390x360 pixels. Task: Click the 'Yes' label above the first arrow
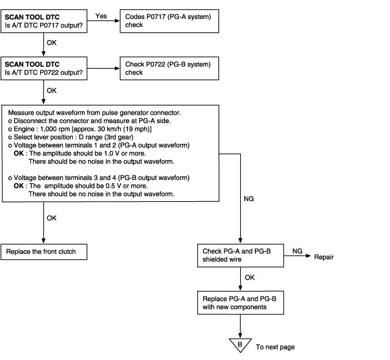pos(101,16)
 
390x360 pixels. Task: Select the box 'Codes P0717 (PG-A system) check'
pos(169,21)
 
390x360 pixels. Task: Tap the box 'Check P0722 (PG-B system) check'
pos(169,69)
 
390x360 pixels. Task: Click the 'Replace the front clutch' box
pos(44,252)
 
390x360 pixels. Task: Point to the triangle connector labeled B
pos(240,345)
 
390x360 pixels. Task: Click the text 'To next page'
pos(275,347)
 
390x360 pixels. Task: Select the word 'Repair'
pos(324,257)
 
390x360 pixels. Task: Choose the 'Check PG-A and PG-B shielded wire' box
pos(241,255)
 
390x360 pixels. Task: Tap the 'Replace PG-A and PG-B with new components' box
pos(241,303)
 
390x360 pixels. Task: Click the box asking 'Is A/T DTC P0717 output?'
pos(44,21)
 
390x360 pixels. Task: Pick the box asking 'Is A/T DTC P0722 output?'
pos(44,69)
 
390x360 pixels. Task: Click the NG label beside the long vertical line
pos(248,199)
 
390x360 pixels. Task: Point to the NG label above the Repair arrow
pos(297,251)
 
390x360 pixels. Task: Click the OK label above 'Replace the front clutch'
pos(51,218)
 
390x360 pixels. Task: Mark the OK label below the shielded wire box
pos(250,278)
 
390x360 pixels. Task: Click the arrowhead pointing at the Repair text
pos(309,256)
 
